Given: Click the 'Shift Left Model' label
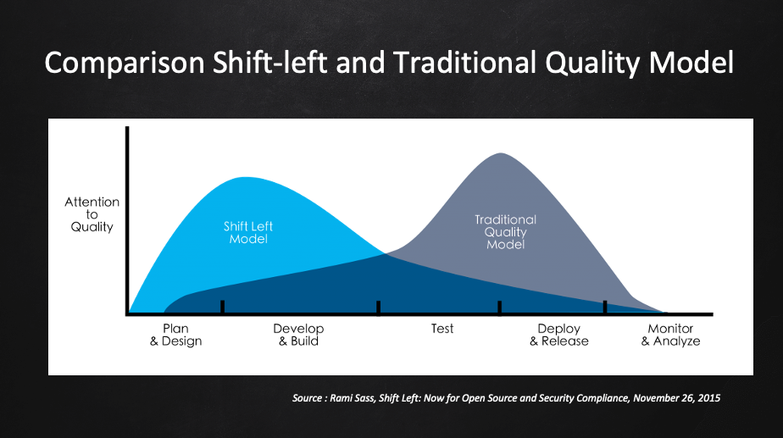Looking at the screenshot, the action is click(x=248, y=233).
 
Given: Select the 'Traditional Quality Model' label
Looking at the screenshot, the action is click(x=505, y=232).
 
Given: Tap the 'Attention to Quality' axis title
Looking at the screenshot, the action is click(x=92, y=214).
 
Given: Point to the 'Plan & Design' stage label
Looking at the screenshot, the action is click(x=175, y=335).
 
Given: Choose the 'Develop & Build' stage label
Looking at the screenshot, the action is click(x=298, y=335).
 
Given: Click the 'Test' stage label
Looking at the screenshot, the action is click(x=442, y=329).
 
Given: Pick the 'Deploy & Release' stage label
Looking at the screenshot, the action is click(x=559, y=335).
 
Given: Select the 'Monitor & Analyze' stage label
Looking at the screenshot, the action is click(x=670, y=335).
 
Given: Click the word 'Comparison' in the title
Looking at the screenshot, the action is click(x=125, y=64).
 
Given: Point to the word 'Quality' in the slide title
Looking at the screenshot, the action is click(x=592, y=64).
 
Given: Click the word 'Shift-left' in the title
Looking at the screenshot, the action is click(x=270, y=62).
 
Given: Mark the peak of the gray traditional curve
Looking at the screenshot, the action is click(x=501, y=153).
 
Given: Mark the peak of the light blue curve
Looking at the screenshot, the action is click(x=244, y=177).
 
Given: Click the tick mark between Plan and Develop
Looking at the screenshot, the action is click(x=222, y=308).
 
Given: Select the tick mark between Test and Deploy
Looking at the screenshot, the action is click(x=499, y=308).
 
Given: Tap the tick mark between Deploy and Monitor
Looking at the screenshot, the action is click(x=605, y=308).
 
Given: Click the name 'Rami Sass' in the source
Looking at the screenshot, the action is click(x=353, y=398).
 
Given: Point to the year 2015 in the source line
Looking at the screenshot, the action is click(x=709, y=398).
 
